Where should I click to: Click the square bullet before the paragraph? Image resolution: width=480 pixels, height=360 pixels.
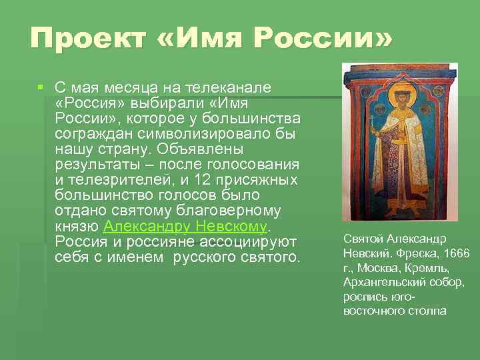41,87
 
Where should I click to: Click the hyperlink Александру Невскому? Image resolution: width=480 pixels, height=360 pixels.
185,226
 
